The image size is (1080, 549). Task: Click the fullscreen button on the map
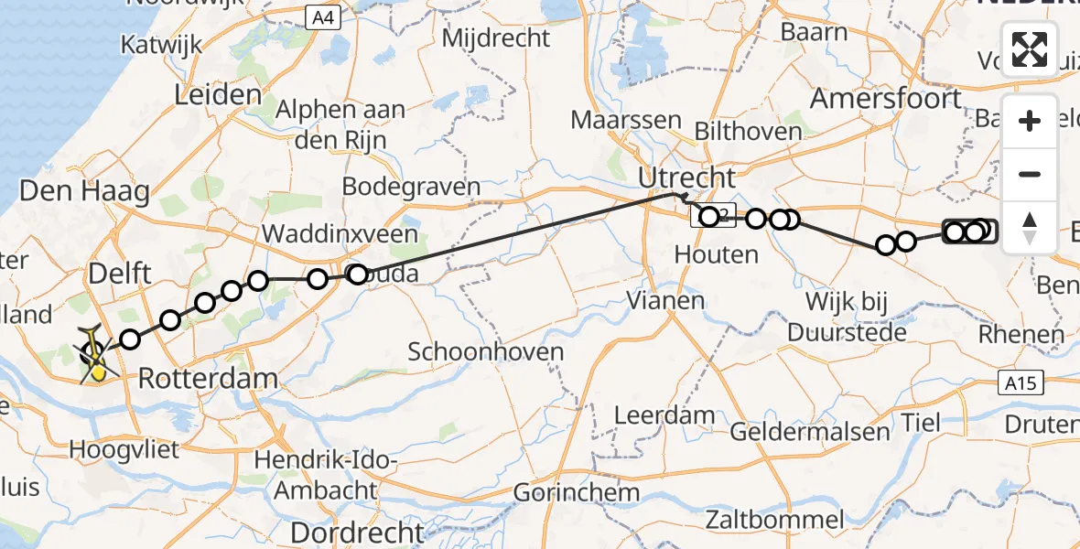(1030, 48)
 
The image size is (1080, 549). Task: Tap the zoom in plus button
(1030, 121)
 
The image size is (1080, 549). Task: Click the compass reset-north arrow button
(1030, 226)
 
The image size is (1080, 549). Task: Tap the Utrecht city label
(687, 177)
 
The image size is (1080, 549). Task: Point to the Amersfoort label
(886, 99)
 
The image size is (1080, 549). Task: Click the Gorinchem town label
(577, 492)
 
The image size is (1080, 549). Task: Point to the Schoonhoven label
(479, 351)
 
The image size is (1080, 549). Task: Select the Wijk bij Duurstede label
(857, 316)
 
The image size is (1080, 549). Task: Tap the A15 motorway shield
(1019, 382)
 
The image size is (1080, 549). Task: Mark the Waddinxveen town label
(340, 234)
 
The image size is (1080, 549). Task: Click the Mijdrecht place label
(497, 38)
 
